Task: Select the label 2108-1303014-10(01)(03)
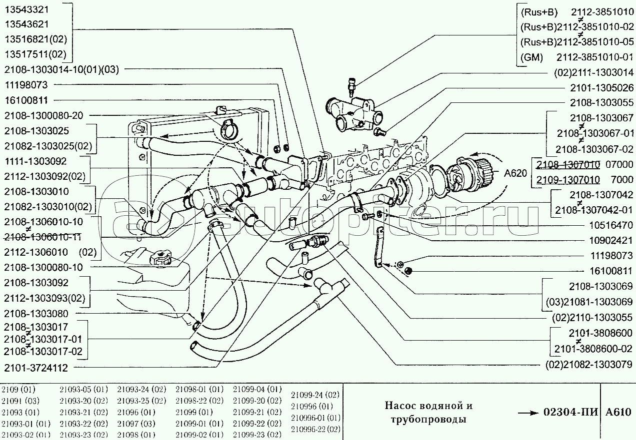(61, 69)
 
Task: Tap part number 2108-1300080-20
(43, 115)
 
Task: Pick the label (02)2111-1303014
(593, 72)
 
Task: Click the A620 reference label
(515, 173)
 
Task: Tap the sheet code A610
(618, 413)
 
